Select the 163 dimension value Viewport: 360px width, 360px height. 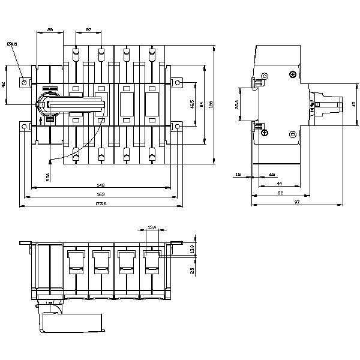click(x=100, y=195)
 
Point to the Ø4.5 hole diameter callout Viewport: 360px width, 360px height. click(x=11, y=44)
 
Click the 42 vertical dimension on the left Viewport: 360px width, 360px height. click(x=5, y=85)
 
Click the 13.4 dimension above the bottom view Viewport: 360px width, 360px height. click(x=151, y=227)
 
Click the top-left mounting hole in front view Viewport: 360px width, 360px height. click(x=24, y=82)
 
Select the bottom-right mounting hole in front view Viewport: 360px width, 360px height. click(x=178, y=127)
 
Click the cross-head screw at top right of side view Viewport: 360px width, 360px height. click(x=292, y=75)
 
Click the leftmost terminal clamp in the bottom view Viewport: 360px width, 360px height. click(x=76, y=263)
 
